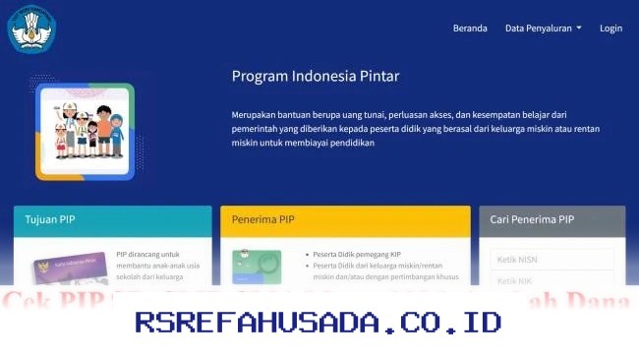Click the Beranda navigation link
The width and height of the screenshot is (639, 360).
(470, 29)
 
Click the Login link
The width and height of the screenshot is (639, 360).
(610, 29)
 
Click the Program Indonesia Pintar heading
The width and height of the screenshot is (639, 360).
(316, 76)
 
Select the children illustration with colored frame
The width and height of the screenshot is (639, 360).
(85, 131)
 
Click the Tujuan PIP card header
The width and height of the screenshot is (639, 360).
(112, 220)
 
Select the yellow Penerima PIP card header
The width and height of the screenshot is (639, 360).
(345, 220)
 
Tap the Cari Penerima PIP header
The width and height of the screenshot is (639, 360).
(552, 220)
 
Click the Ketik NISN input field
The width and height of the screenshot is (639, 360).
(552, 260)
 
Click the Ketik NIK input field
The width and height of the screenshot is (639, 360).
(552, 281)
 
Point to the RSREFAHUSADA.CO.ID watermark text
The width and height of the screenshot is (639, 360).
(319, 322)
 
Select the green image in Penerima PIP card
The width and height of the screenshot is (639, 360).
(257, 266)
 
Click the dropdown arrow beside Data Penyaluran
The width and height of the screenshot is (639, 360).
(579, 29)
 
